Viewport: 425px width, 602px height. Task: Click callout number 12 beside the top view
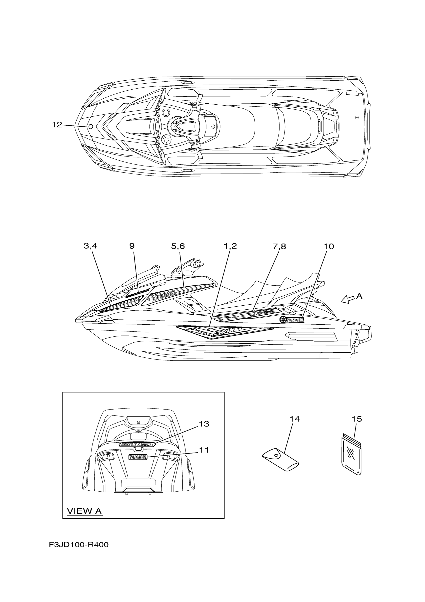(57, 125)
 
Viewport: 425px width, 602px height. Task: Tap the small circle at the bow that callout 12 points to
(90, 127)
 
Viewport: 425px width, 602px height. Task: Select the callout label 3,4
(90, 246)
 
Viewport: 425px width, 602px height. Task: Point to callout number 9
(132, 246)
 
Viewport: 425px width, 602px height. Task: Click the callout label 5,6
(178, 246)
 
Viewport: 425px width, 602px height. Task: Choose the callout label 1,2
(230, 246)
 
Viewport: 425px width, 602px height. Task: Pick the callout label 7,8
(279, 247)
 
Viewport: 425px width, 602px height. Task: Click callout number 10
(329, 247)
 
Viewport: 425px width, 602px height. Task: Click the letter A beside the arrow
(359, 296)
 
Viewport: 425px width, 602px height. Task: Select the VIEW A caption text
(84, 511)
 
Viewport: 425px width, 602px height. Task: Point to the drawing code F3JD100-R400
(78, 545)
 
